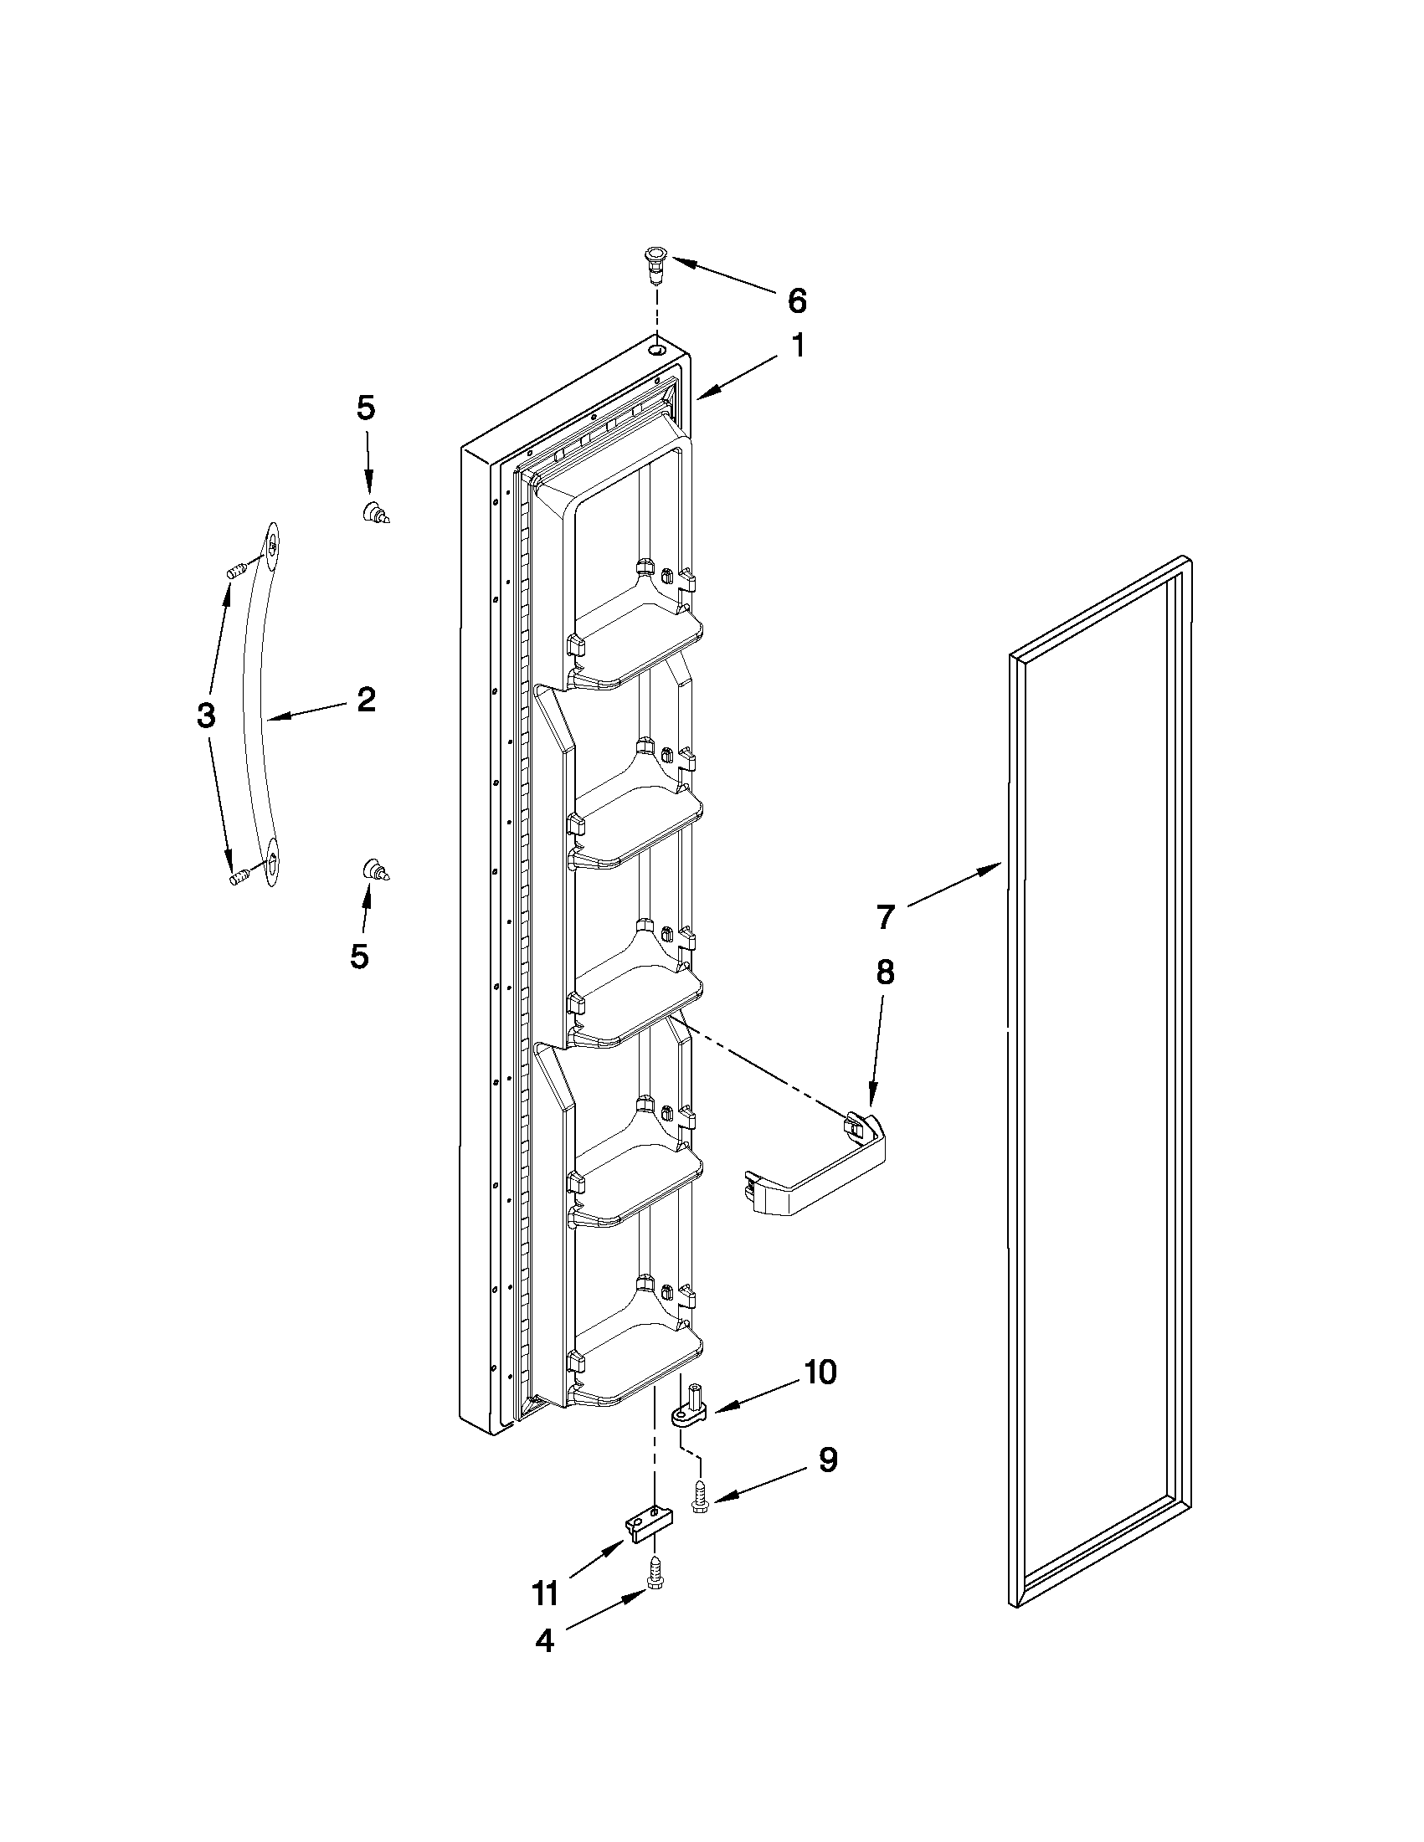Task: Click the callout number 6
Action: (x=796, y=300)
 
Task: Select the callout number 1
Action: (x=796, y=345)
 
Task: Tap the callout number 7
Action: (x=884, y=916)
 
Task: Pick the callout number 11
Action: (x=545, y=1594)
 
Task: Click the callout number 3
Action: (x=206, y=716)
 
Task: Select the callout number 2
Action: (x=365, y=699)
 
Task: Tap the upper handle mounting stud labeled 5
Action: (x=373, y=513)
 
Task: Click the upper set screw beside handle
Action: (x=237, y=570)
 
